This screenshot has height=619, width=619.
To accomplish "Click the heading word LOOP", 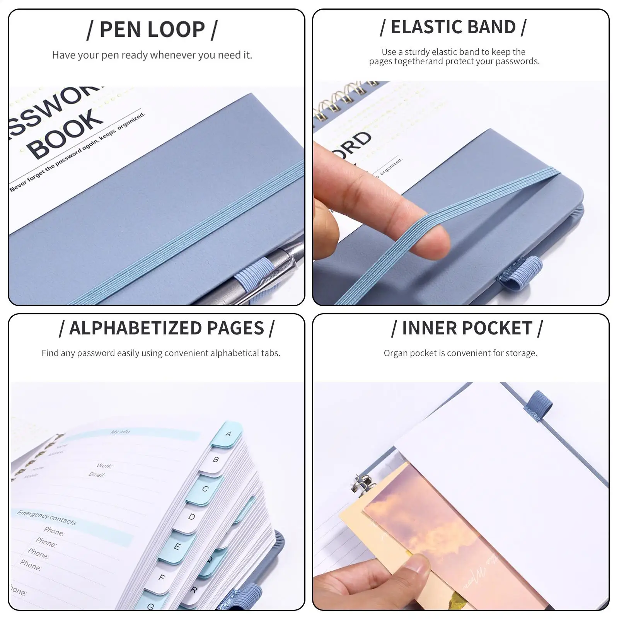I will [x=181, y=30].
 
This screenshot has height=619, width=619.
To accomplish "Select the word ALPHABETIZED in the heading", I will [x=135, y=328].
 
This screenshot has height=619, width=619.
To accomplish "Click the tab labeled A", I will [x=228, y=434].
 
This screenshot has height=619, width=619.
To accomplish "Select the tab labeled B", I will [x=215, y=460].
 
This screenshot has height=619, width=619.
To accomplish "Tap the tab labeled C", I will [x=205, y=489].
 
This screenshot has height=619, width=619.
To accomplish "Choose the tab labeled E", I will [x=177, y=547].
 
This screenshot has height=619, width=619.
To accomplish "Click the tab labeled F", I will [x=162, y=578].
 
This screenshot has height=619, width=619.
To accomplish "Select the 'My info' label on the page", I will [x=120, y=431].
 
